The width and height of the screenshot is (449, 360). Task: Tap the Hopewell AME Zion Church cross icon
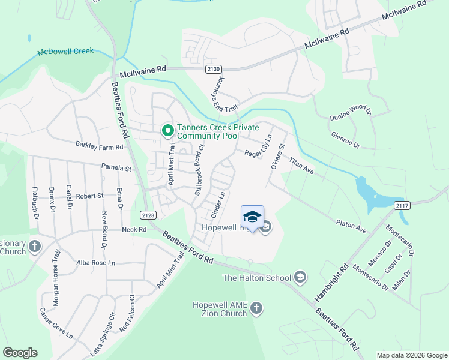coord(256,308)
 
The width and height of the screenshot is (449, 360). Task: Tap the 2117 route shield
coord(403,206)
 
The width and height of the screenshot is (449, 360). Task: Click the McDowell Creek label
coord(66,52)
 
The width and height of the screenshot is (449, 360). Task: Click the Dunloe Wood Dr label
coord(351,112)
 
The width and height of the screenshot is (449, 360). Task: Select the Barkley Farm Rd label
coord(99,146)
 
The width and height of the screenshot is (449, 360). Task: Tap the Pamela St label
coord(116,169)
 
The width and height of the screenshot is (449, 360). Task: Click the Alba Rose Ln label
coord(96,263)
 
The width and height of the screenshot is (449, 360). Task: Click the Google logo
coord(20,353)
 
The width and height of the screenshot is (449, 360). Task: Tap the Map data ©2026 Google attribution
coord(411,355)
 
